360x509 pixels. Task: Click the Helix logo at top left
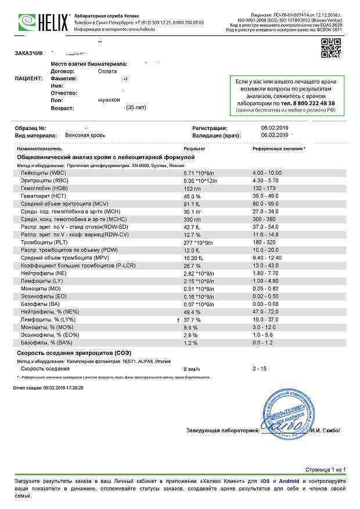(35, 23)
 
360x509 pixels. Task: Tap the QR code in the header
(331, 48)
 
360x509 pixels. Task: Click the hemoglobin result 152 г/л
(192, 188)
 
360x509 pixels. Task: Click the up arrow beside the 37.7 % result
(177, 320)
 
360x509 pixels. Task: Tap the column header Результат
(194, 149)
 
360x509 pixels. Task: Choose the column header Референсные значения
(278, 149)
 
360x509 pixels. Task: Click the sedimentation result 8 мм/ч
(192, 369)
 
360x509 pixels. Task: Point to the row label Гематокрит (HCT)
(44, 196)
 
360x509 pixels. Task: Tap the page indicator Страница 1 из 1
(325, 469)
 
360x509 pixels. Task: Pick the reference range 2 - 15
(260, 369)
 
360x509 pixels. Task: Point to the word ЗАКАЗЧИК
(28, 53)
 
